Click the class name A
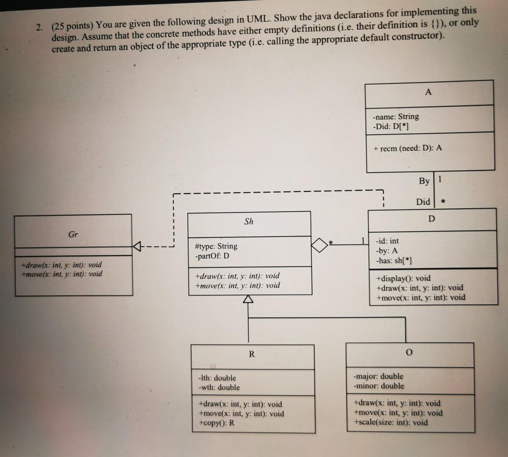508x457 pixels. tap(428, 92)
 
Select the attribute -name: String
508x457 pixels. tap(396, 116)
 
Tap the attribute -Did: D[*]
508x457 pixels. tap(390, 126)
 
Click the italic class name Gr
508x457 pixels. tap(73, 234)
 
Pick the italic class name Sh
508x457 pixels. tap(249, 221)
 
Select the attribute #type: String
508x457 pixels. tap(216, 246)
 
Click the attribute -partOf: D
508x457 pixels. tap(212, 256)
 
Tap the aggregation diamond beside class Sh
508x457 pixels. tap(319, 244)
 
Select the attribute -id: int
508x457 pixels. tap(387, 241)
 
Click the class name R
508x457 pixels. tap(252, 354)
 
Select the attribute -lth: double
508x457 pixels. tap(217, 378)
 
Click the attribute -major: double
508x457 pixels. tap(378, 376)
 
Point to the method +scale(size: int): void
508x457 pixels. tap(391, 422)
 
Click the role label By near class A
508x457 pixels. tap(424, 181)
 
